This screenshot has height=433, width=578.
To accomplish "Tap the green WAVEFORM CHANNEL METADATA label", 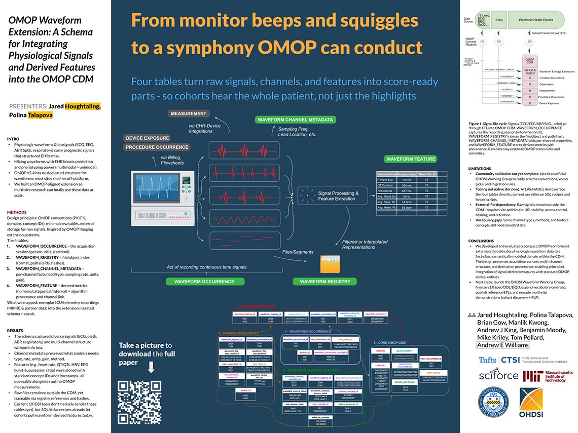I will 296,120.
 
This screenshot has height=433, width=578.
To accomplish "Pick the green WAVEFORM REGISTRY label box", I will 324,281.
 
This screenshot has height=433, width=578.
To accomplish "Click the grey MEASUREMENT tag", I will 189,113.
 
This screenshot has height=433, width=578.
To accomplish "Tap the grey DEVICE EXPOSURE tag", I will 147,138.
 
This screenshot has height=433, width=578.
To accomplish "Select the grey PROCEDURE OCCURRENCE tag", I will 157,147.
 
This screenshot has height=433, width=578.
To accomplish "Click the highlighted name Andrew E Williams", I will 503,345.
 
